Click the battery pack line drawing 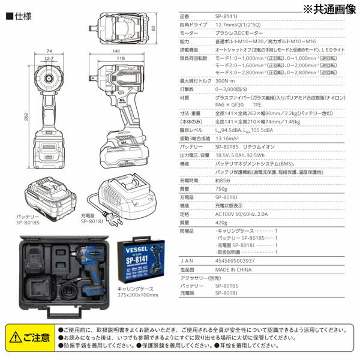pyautogui.click(x=49, y=192)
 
